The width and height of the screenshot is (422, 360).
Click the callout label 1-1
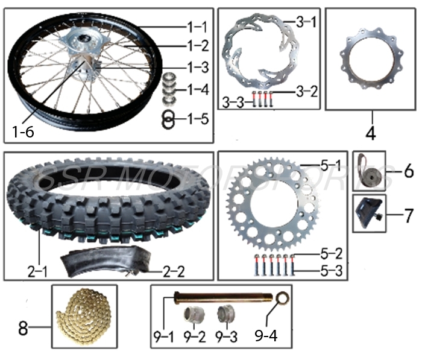196,27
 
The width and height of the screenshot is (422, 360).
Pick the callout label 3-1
306,22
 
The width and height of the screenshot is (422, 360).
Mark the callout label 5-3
330,271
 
